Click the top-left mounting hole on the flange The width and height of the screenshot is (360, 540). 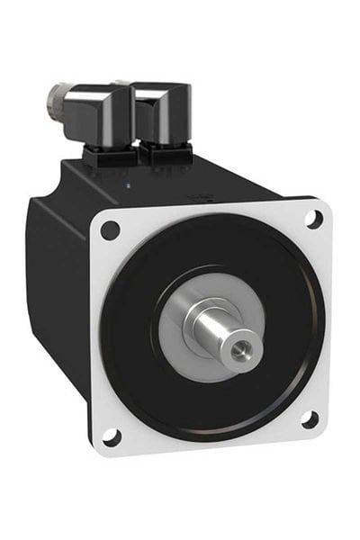click(x=110, y=230)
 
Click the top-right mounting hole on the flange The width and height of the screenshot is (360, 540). click(x=313, y=218)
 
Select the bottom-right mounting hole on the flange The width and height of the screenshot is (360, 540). click(x=308, y=418)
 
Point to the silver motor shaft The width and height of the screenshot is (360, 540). click(x=225, y=329)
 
